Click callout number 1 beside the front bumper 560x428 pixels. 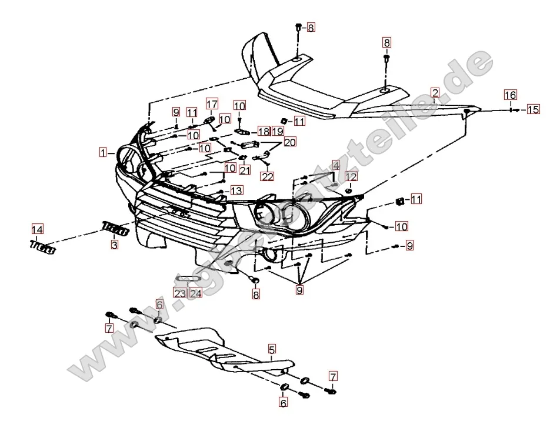click(x=103, y=153)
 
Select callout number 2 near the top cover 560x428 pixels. click(x=435, y=93)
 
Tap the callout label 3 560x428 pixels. click(x=115, y=244)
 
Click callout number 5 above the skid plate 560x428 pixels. click(x=272, y=350)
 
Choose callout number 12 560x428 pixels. click(x=351, y=176)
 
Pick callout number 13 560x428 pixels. click(x=236, y=190)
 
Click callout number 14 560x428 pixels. click(x=37, y=229)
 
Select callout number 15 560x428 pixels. click(x=532, y=109)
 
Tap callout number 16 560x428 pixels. click(x=510, y=95)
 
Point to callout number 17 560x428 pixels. click(x=211, y=105)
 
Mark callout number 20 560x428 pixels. click(x=290, y=142)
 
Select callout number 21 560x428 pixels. click(x=245, y=170)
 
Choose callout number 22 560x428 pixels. click(x=268, y=176)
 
